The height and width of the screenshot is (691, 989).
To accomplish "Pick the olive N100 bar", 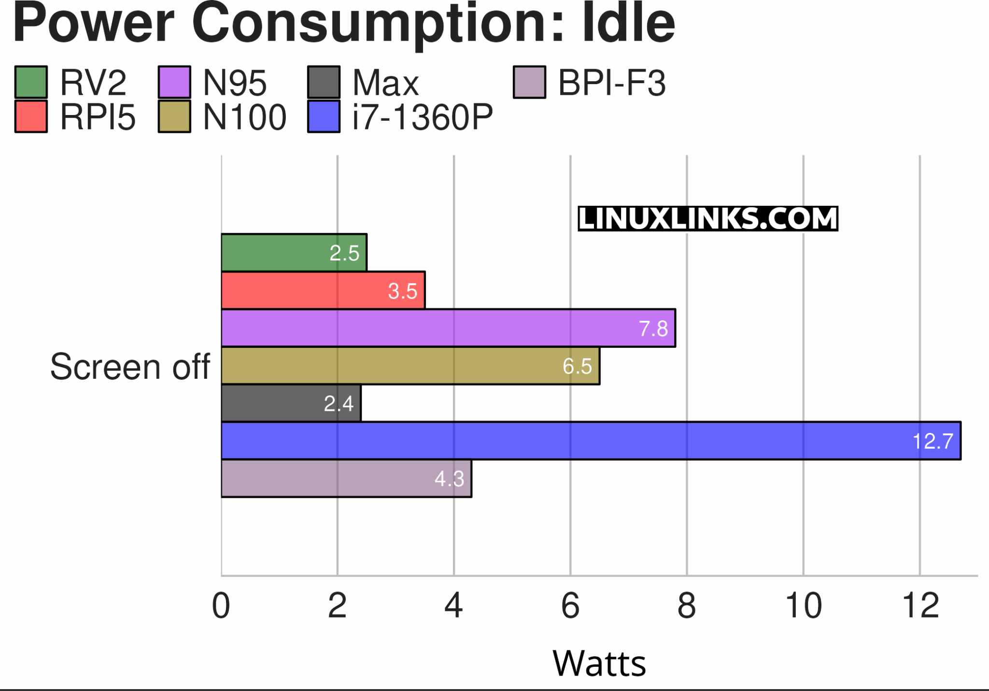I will (410, 365).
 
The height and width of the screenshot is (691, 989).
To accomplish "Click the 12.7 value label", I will (932, 441).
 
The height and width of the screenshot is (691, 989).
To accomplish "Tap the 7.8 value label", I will (653, 329).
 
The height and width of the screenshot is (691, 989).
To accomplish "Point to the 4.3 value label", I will (449, 479).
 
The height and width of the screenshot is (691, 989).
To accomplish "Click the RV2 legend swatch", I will (31, 82).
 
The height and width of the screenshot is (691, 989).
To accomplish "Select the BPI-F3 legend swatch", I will (529, 82).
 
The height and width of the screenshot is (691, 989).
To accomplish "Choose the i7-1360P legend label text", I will (423, 117).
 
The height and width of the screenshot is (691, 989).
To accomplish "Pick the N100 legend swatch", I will (174, 116).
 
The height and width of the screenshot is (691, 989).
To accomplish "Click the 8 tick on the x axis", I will (687, 605).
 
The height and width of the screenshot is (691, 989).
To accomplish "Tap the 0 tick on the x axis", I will (221, 605).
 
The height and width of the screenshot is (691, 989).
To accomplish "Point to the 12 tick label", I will (920, 605).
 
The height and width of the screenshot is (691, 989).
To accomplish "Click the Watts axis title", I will (599, 663).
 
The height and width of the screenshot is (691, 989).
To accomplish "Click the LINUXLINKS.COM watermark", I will (707, 218).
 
